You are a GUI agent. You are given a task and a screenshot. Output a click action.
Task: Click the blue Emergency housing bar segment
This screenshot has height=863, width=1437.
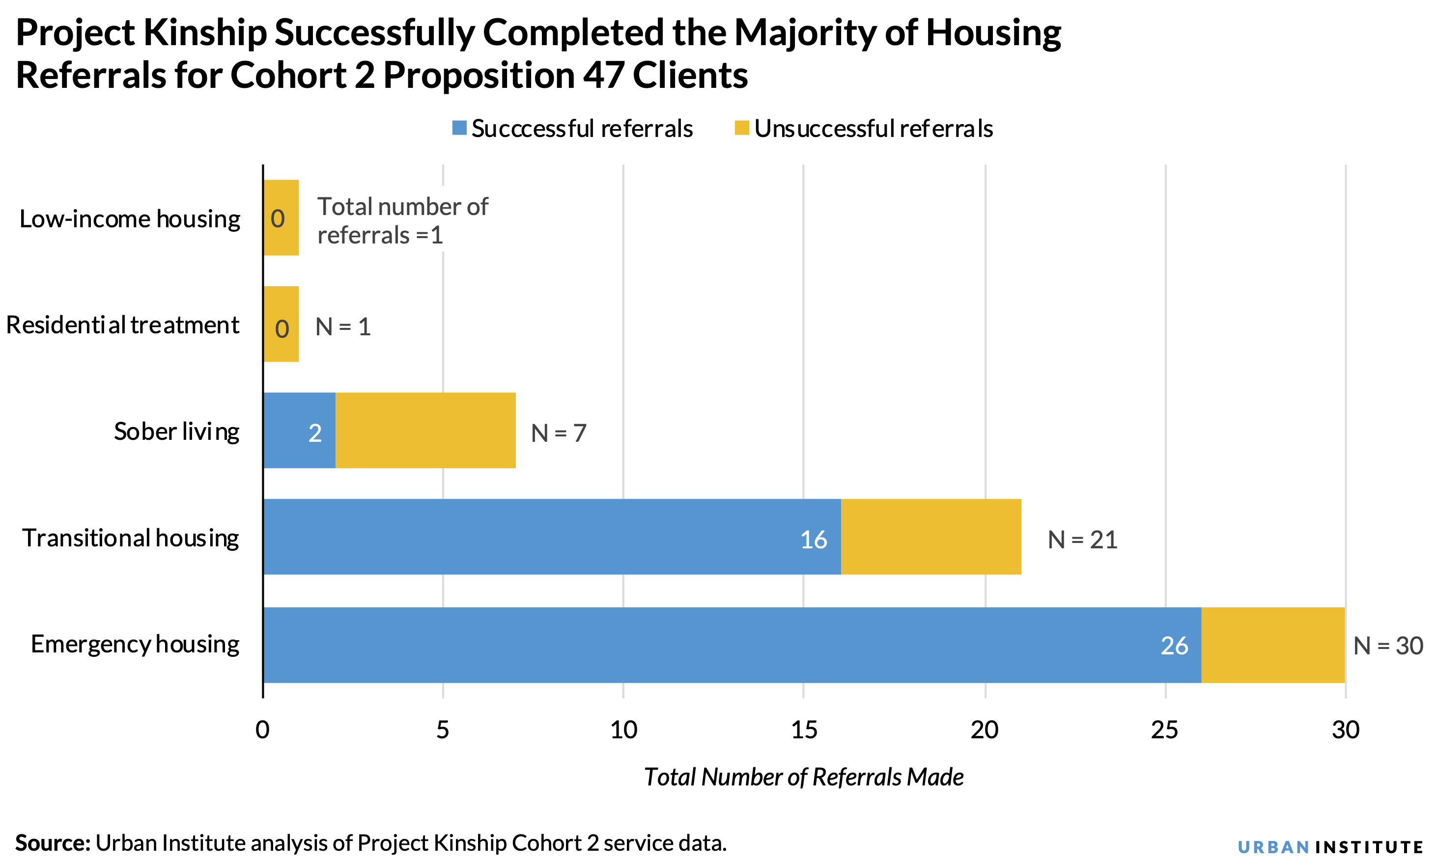[732, 645]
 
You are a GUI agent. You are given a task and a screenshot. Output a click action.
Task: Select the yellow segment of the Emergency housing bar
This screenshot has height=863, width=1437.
[1272, 645]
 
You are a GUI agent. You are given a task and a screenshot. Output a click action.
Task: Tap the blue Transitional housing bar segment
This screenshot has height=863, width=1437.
[551, 537]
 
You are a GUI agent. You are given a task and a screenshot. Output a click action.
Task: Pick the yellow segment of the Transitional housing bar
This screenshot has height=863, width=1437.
[930, 537]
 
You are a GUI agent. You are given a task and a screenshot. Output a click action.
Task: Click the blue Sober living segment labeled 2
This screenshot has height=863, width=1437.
[299, 431]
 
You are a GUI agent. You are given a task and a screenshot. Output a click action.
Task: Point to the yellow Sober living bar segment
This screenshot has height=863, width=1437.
[425, 431]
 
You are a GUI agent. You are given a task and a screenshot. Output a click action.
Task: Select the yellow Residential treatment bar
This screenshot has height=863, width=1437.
[281, 324]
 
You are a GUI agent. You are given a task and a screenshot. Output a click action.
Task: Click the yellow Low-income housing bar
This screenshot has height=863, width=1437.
[281, 217]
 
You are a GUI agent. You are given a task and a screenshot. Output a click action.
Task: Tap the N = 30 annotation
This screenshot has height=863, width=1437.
[1387, 646]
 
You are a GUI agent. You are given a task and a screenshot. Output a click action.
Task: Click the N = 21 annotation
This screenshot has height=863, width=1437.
[1082, 539]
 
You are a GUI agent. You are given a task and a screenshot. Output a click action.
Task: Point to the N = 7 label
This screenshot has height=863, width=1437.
[558, 433]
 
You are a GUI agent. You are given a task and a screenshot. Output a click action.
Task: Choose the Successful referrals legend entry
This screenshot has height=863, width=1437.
[573, 129]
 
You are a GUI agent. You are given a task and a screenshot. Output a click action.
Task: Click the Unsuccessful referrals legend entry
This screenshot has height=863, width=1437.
[864, 129]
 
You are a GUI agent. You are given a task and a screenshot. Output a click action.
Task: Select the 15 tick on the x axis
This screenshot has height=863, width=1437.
[804, 730]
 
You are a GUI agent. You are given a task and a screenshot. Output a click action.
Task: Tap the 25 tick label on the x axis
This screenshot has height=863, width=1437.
[1165, 730]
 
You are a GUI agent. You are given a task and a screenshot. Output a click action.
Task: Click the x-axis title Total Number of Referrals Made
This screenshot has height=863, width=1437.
[803, 778]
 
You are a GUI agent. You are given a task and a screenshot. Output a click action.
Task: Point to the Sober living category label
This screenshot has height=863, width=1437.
[176, 431]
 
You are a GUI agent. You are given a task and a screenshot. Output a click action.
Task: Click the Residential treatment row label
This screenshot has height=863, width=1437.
[122, 325]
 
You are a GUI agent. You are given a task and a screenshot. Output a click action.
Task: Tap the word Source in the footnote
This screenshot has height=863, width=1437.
[53, 843]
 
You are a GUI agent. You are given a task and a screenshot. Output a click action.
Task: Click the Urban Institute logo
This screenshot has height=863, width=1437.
[1330, 847]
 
